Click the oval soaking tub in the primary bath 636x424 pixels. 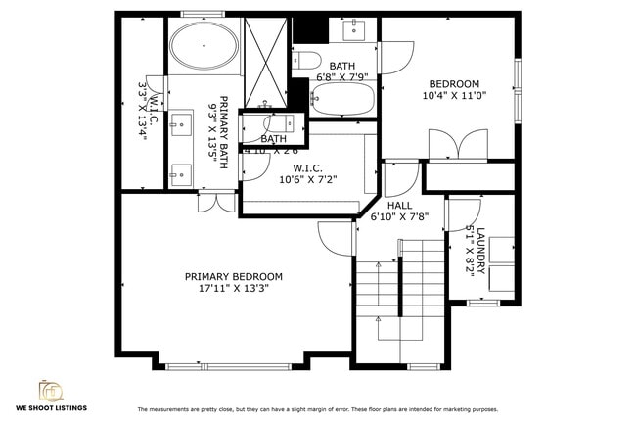pyautogui.click(x=204, y=46)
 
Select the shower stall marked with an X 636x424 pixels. pyautogui.click(x=264, y=61)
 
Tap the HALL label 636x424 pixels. pyautogui.click(x=399, y=206)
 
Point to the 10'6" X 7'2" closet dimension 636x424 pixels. pyautogui.click(x=308, y=179)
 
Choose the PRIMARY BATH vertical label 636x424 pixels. pyautogui.click(x=223, y=132)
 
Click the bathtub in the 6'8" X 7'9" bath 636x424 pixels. pyautogui.click(x=342, y=100)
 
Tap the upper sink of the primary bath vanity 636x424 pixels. pyautogui.click(x=181, y=124)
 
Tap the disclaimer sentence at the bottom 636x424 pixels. pyautogui.click(x=317, y=409)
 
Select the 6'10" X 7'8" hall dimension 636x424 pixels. pyautogui.click(x=399, y=217)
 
